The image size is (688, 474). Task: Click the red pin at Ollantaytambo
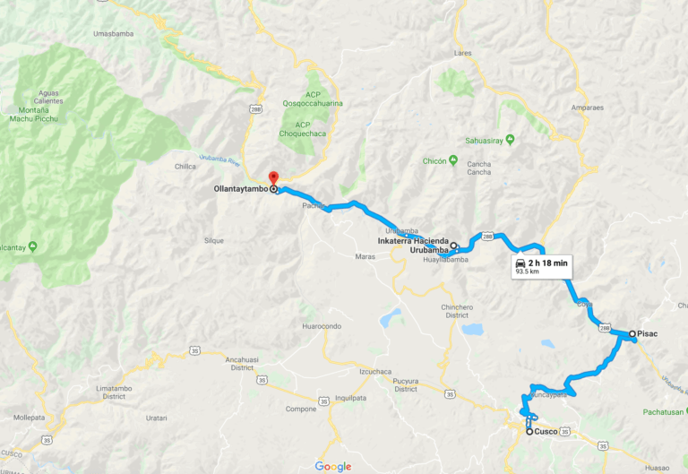pos(273,177)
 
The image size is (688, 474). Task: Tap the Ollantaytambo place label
pos(241,190)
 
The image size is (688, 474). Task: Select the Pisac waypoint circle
pos(632,333)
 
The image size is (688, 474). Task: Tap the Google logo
pos(333,466)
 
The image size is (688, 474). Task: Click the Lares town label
pos(462,54)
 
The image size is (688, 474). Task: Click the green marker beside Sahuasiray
pos(510,139)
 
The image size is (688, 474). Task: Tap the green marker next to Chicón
pos(453,161)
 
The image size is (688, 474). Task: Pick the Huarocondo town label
pos(322,326)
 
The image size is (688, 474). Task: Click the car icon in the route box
pos(520,263)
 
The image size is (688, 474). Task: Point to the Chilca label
pos(185,166)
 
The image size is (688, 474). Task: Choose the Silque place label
pos(214,241)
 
